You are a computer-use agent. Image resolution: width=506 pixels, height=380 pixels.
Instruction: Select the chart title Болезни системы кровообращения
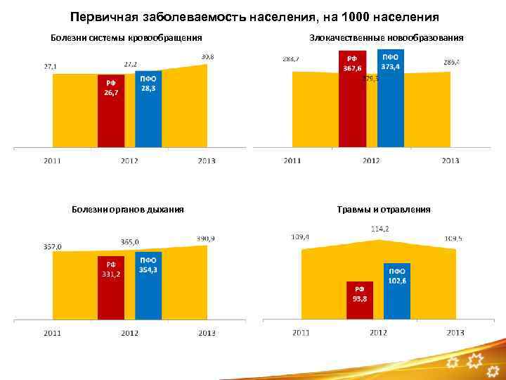pyautogui.click(x=127, y=37)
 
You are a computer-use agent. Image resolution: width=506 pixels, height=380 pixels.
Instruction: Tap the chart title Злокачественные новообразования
pyautogui.click(x=386, y=37)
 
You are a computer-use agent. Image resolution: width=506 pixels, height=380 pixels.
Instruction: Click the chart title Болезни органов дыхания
pyautogui.click(x=128, y=209)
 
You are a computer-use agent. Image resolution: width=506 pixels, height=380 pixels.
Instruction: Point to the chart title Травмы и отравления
pyautogui.click(x=384, y=209)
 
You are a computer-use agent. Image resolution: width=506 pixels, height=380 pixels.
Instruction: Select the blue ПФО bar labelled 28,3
pyautogui.click(x=148, y=109)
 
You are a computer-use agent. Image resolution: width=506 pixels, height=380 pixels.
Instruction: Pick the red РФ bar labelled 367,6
pyautogui.click(x=352, y=99)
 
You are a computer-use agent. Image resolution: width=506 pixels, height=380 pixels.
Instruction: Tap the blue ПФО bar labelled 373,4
pyautogui.click(x=390, y=99)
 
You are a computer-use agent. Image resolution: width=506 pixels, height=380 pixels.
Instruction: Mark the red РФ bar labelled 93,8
pyautogui.click(x=359, y=299)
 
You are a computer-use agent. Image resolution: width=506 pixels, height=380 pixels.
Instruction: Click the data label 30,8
pyautogui.click(x=208, y=56)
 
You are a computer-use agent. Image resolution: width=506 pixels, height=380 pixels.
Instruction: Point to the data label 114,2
pyautogui.click(x=380, y=229)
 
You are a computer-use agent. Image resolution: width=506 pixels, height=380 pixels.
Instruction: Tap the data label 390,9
pyautogui.click(x=206, y=239)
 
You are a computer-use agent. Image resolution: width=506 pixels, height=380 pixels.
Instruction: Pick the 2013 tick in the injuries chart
pyautogui.click(x=455, y=332)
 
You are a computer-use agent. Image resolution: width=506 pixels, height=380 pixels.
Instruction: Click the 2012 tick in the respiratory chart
pyautogui.click(x=129, y=332)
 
